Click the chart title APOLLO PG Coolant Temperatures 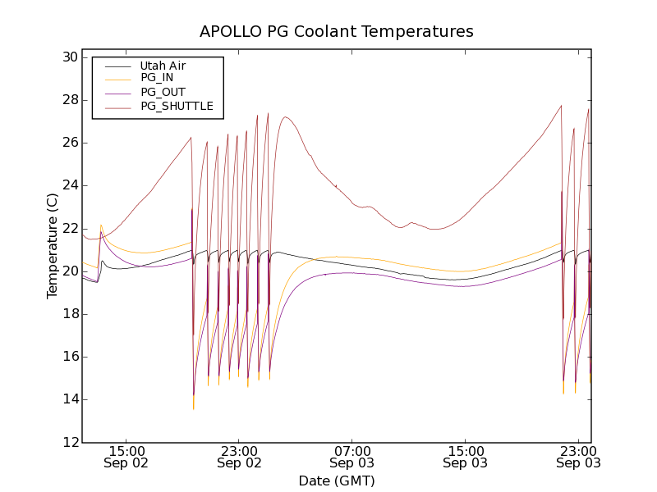tap(337, 32)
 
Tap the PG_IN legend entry tap(157, 78)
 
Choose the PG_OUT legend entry tap(163, 92)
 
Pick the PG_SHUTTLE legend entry tap(177, 106)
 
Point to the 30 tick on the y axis tap(68, 57)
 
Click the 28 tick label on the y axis tap(68, 100)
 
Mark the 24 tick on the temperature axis tap(68, 185)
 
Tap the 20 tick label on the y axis tap(68, 271)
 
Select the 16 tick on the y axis tap(68, 357)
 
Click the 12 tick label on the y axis tap(68, 442)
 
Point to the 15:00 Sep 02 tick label tap(126, 457)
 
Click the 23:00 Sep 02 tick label tap(239, 457)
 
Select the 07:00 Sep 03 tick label tap(352, 457)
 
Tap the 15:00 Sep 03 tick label tap(465, 457)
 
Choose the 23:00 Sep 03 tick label tap(578, 457)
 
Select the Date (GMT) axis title tap(337, 481)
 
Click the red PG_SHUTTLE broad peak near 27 tap(285, 116)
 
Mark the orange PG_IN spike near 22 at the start tap(101, 225)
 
